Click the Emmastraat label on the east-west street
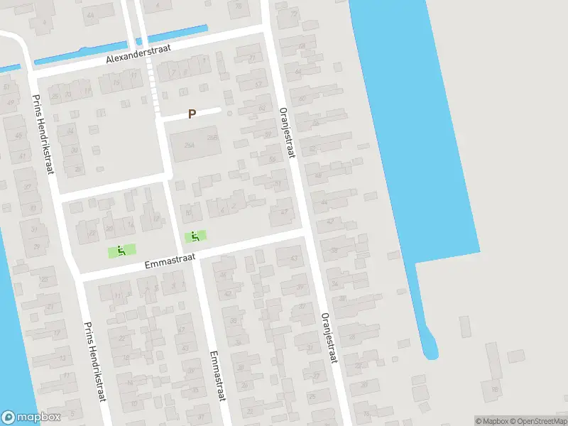tap(169, 261)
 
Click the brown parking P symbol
tap(192, 114)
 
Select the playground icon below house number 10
tap(197, 236)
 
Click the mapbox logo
tap(31, 417)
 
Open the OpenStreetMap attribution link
tap(535, 421)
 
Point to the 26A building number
tap(189, 145)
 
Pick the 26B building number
tap(211, 138)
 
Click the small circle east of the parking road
tap(229, 111)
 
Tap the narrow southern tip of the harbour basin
tap(429, 348)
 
